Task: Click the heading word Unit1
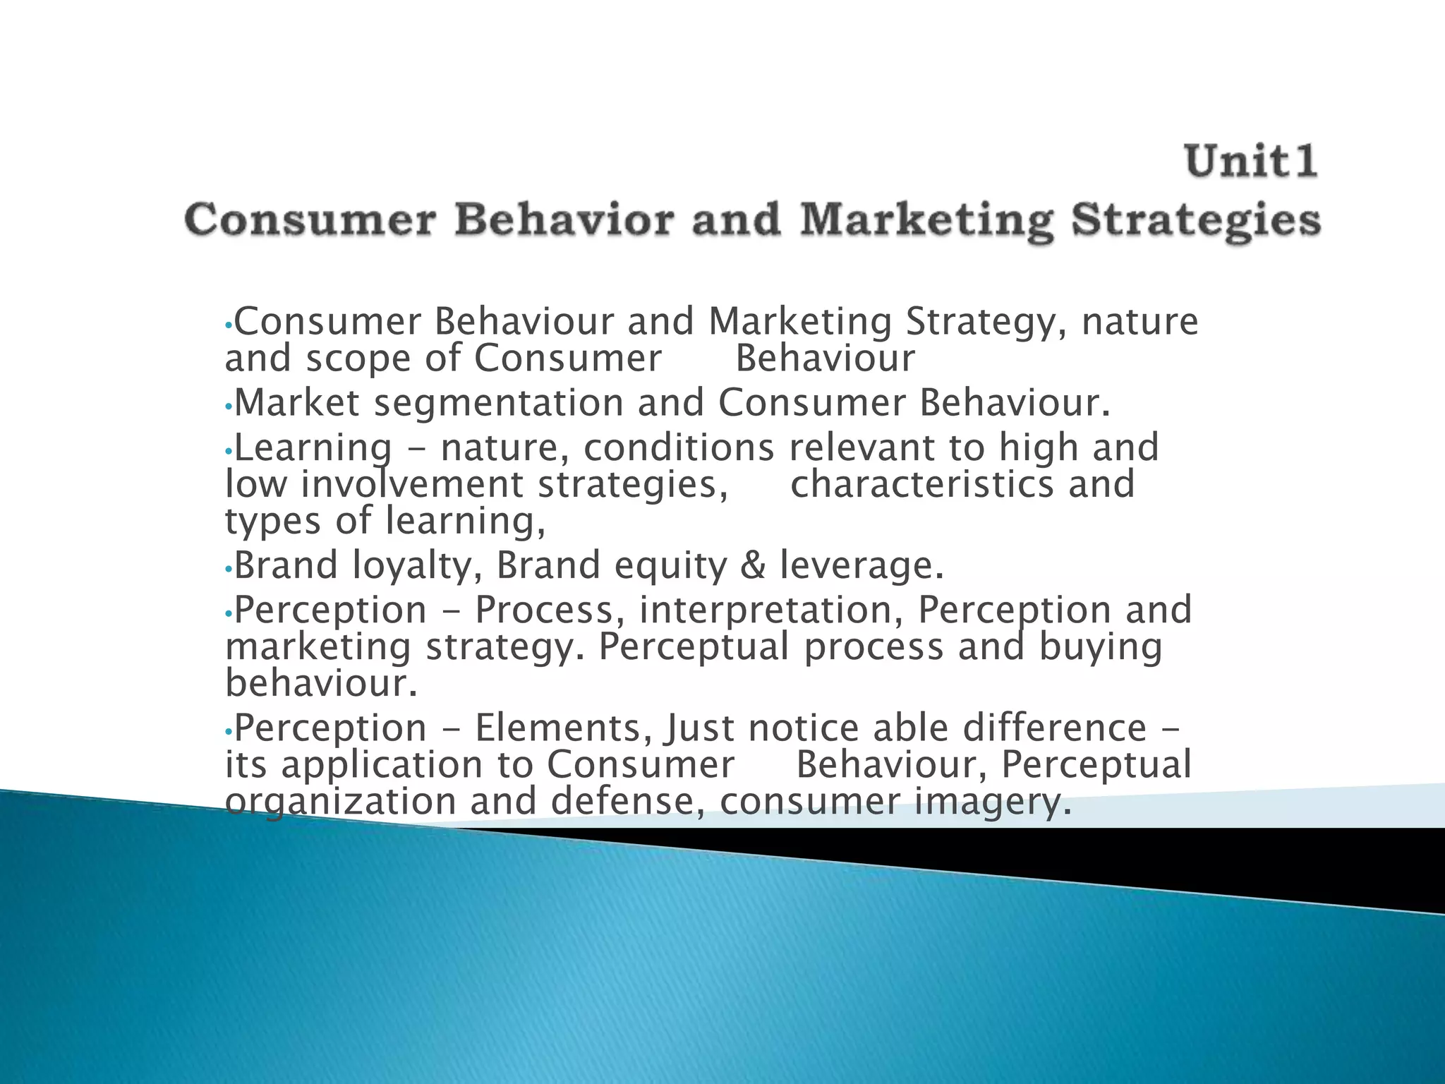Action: [1251, 161]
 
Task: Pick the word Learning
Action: [313, 448]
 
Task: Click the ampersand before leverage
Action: [753, 566]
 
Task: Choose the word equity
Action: [670, 566]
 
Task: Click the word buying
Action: [1100, 648]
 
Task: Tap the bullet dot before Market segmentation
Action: [227, 406]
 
